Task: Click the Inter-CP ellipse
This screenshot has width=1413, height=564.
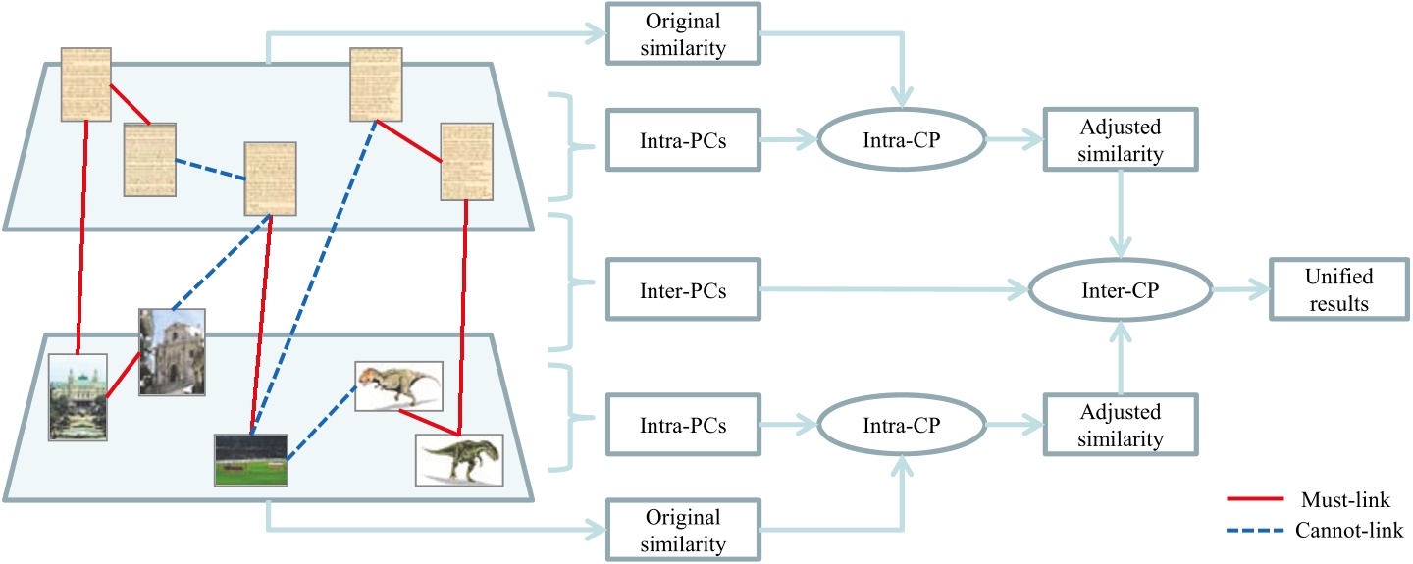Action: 1119,290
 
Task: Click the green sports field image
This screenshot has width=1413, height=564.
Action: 251,460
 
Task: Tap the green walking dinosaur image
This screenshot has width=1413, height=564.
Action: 459,459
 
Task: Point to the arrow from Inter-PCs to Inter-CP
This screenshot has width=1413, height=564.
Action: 883,290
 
